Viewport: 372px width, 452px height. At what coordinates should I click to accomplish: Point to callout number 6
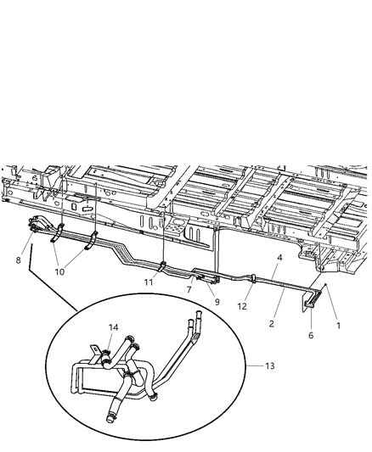[311, 336]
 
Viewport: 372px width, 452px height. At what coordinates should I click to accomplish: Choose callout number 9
[217, 301]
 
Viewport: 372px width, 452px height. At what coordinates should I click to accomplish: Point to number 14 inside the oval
[113, 326]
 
